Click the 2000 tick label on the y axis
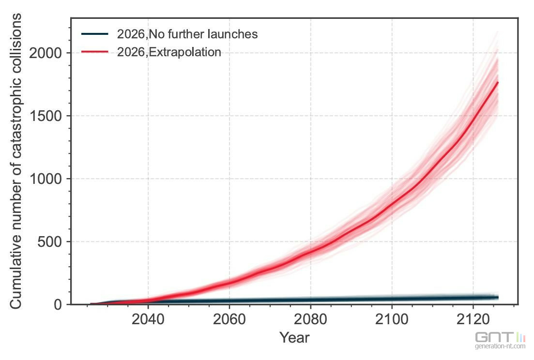[x=46, y=53]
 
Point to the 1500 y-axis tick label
[x=46, y=116]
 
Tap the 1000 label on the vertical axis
[x=46, y=179]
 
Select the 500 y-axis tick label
[x=50, y=242]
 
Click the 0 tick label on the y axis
[x=58, y=304]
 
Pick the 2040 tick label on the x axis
[x=148, y=319]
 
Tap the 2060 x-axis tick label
[x=229, y=319]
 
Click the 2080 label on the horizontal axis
[x=310, y=319]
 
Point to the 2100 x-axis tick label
[x=392, y=319]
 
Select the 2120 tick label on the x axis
[x=473, y=319]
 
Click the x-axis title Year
[x=294, y=338]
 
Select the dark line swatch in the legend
[x=95, y=34]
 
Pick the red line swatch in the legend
[x=95, y=52]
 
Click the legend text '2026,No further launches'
[x=187, y=34]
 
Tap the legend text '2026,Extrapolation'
[x=169, y=52]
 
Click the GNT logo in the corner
[x=500, y=337]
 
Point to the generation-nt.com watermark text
[x=500, y=346]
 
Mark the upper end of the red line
[x=498, y=82]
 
